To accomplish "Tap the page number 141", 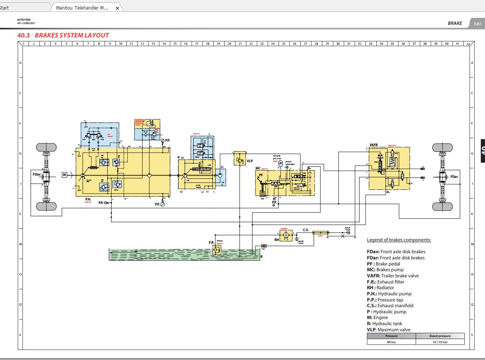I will (x=477, y=24).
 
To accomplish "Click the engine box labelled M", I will (x=65, y=175).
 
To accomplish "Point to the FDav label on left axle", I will (x=37, y=174).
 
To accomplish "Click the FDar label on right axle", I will (x=454, y=177).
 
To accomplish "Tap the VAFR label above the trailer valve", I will (x=374, y=145).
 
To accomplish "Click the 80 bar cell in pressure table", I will (x=391, y=342).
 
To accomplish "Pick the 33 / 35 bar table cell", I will (x=440, y=342).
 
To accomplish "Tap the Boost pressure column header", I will (x=440, y=336).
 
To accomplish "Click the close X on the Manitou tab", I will (x=117, y=8).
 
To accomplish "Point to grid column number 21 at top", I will (x=240, y=44).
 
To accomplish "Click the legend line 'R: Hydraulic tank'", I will (x=384, y=324).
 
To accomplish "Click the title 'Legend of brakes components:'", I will (x=399, y=240).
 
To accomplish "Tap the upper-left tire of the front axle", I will (x=46, y=147).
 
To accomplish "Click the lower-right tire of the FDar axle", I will (x=442, y=207).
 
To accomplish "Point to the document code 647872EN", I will (x=24, y=20).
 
